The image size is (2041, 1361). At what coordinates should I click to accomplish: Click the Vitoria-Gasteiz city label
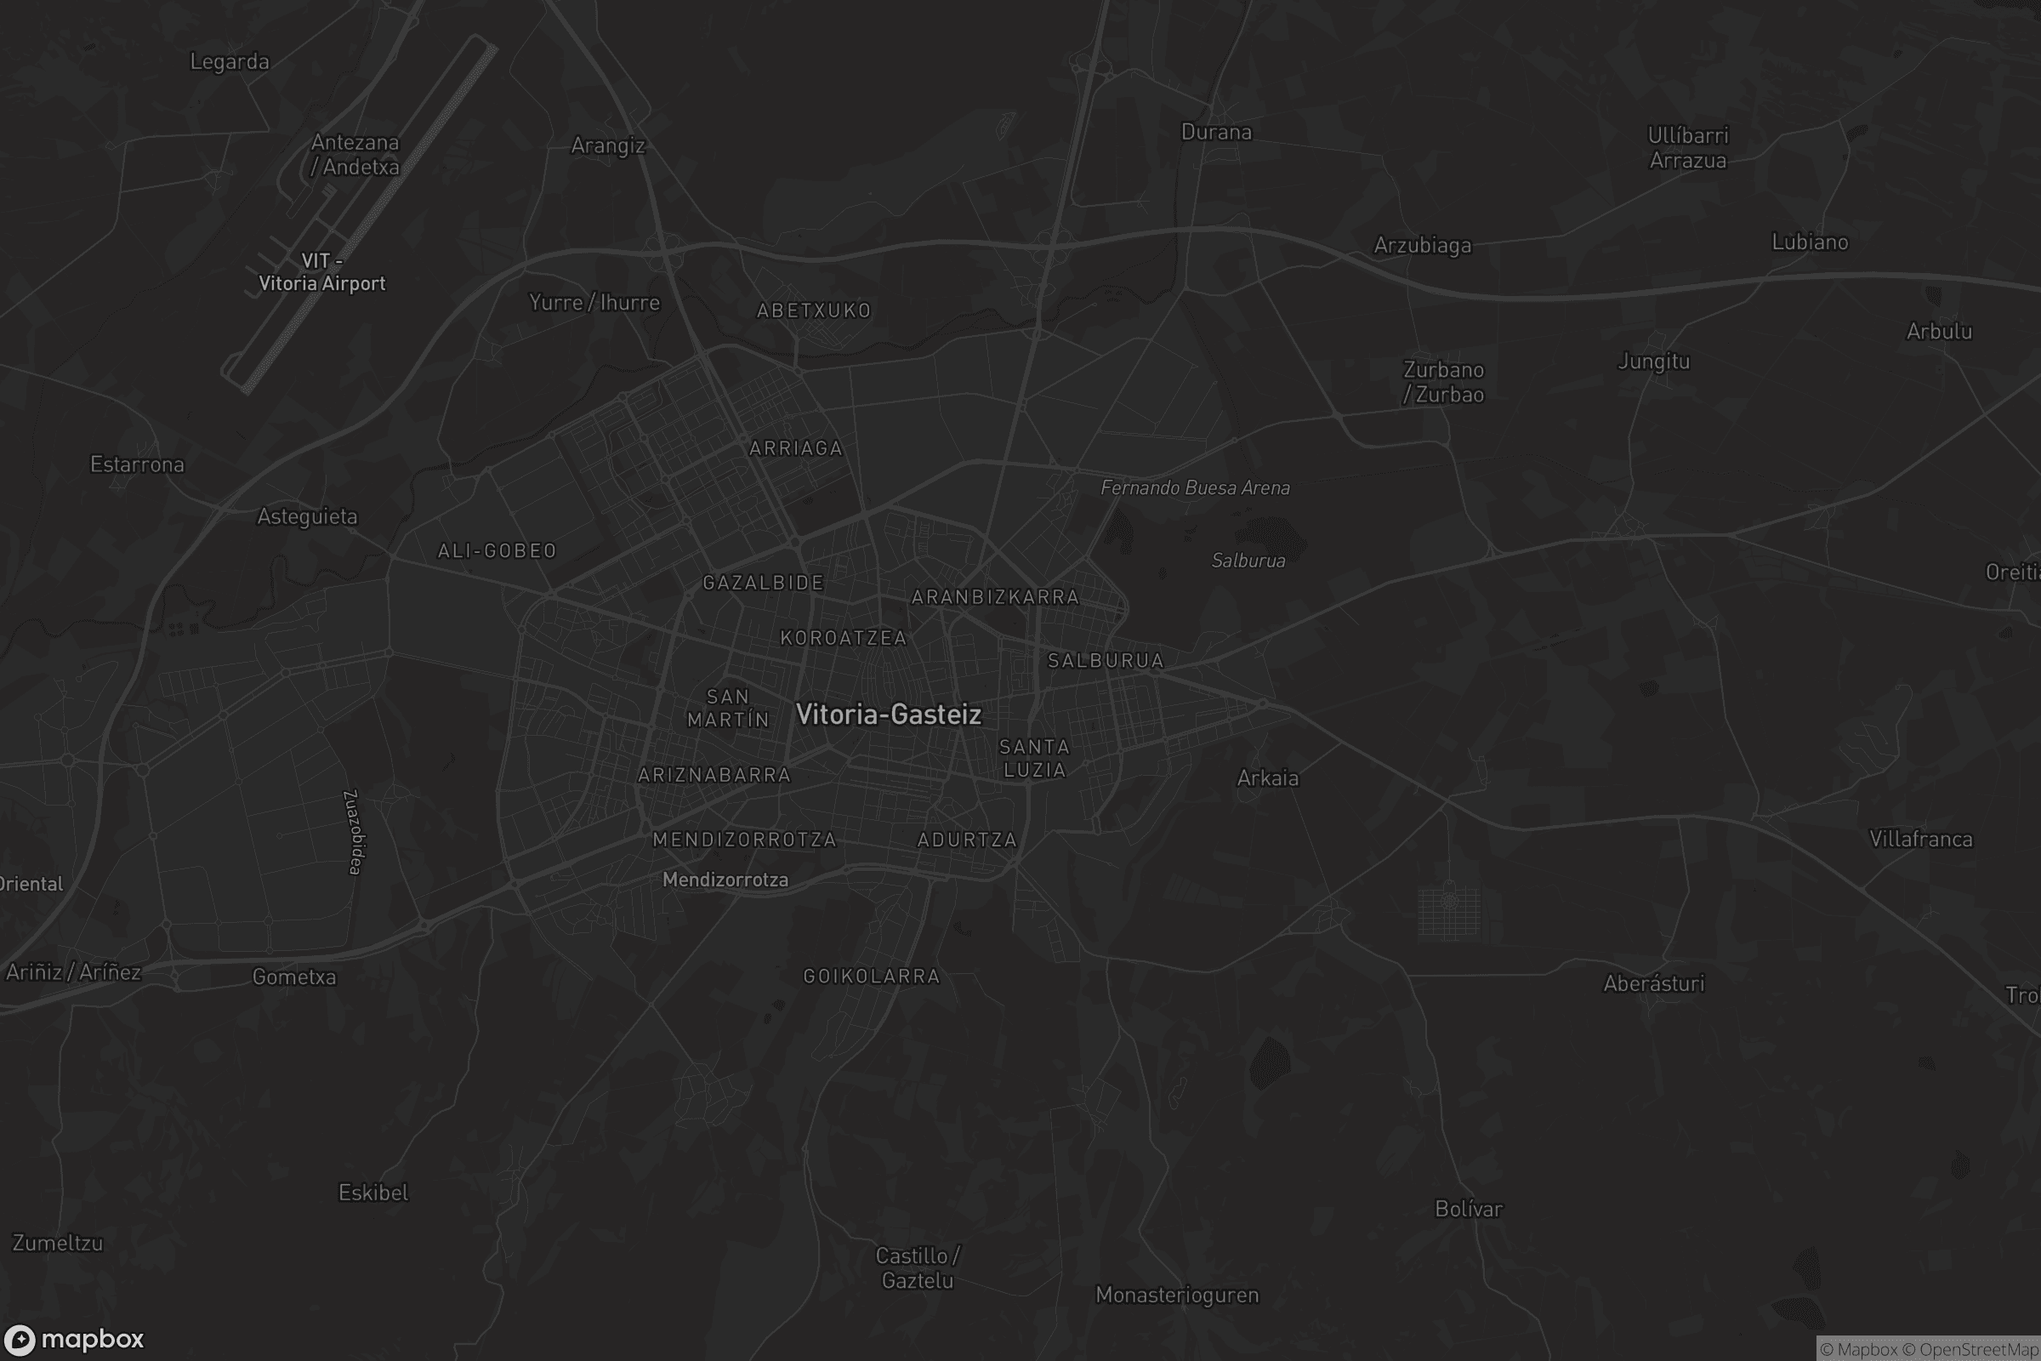click(888, 715)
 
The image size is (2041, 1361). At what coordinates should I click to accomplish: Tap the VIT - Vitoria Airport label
click(322, 272)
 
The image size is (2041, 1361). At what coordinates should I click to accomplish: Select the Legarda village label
click(229, 61)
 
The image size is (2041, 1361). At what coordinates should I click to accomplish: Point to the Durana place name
click(1216, 132)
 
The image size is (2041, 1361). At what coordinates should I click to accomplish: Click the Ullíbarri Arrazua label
click(1688, 147)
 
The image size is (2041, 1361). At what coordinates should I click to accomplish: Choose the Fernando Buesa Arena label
click(1195, 487)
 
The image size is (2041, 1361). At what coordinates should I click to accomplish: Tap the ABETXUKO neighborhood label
click(813, 310)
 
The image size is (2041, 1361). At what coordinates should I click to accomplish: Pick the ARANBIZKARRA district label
click(994, 597)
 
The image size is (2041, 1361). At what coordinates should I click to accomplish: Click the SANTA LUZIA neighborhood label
click(1033, 758)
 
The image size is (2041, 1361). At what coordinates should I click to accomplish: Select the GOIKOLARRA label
click(871, 977)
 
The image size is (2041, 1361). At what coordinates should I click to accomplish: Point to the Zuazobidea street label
click(354, 832)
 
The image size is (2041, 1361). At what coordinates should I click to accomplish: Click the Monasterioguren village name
click(1177, 1295)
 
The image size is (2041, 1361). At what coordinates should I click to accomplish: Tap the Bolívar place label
click(1469, 1208)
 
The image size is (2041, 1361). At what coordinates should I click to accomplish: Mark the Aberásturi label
click(1653, 983)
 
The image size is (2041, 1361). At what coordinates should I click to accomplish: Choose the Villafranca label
click(1920, 839)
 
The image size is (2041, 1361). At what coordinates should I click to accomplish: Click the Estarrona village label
click(137, 464)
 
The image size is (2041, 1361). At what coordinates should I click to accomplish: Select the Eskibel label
click(373, 1193)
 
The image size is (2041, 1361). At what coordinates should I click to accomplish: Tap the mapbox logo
click(74, 1339)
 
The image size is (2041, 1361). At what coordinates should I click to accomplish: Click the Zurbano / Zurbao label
click(1443, 382)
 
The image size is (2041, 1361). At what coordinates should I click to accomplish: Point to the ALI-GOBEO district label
click(497, 550)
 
